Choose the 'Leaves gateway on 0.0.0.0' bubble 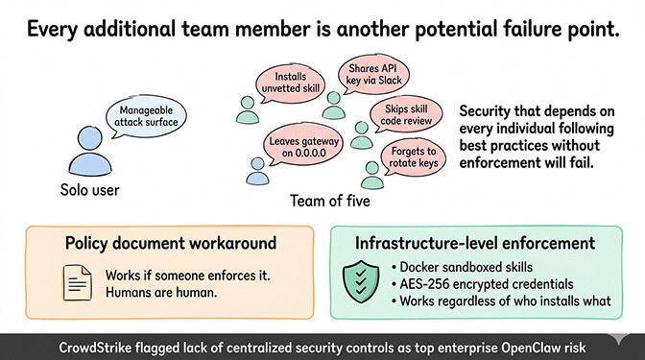coord(299,149)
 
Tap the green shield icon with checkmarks coord(362,281)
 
